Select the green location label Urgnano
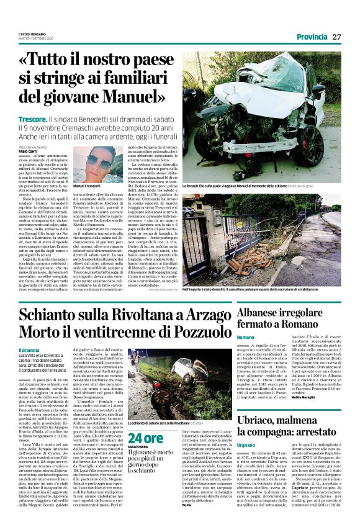(246, 428)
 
